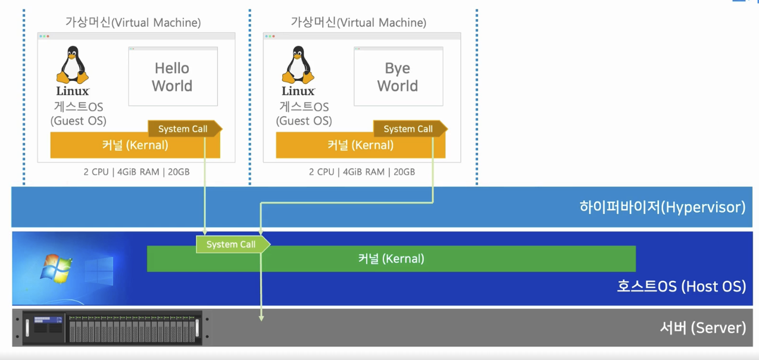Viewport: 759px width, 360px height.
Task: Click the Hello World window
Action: coord(173,77)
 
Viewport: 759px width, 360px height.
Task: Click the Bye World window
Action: coord(398,77)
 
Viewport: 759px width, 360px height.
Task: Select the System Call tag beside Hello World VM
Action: coord(184,129)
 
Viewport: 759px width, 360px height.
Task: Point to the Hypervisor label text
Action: coord(662,207)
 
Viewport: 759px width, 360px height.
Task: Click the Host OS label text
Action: coord(681,286)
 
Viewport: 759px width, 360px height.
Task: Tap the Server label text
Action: coord(702,327)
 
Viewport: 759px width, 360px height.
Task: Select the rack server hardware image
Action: coord(112,327)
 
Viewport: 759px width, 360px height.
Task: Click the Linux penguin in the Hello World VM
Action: coord(73,65)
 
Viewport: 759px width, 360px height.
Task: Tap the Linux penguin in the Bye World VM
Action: coord(298,65)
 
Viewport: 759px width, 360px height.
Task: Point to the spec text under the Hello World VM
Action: coord(136,172)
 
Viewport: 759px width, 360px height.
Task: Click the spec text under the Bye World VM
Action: coord(362,172)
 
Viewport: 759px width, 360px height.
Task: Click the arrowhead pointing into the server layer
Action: coord(261,318)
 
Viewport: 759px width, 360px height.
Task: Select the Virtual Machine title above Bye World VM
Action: coord(358,23)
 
